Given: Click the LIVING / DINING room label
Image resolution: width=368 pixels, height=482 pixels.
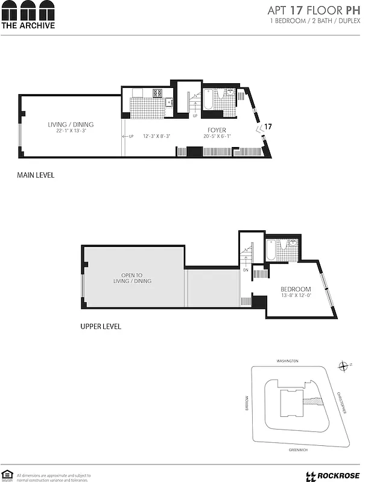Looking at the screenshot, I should (x=71, y=125).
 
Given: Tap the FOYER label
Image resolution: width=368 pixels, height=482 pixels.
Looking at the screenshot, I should (x=217, y=130).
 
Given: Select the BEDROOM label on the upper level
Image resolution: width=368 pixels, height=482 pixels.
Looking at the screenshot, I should (x=296, y=289).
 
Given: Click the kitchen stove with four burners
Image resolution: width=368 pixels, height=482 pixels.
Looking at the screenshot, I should (x=157, y=93).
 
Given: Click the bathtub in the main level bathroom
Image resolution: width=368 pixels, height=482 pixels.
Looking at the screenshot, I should (x=208, y=100).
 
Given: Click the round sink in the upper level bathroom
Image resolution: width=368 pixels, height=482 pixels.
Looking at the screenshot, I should (x=293, y=243).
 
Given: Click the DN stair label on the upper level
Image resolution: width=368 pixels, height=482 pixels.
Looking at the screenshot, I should (x=246, y=270).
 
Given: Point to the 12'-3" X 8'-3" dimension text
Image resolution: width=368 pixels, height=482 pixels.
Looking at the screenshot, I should (x=156, y=136).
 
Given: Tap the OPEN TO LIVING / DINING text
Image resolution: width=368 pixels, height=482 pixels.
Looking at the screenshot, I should (x=132, y=278).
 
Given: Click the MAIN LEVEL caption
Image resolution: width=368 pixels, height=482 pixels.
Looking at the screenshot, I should (x=36, y=175).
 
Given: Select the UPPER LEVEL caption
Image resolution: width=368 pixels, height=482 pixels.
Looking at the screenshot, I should (x=100, y=327).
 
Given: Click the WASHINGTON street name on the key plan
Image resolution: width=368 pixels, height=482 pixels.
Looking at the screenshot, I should (x=287, y=361).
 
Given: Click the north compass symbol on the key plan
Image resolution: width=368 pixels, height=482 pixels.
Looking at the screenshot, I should (x=344, y=366).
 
